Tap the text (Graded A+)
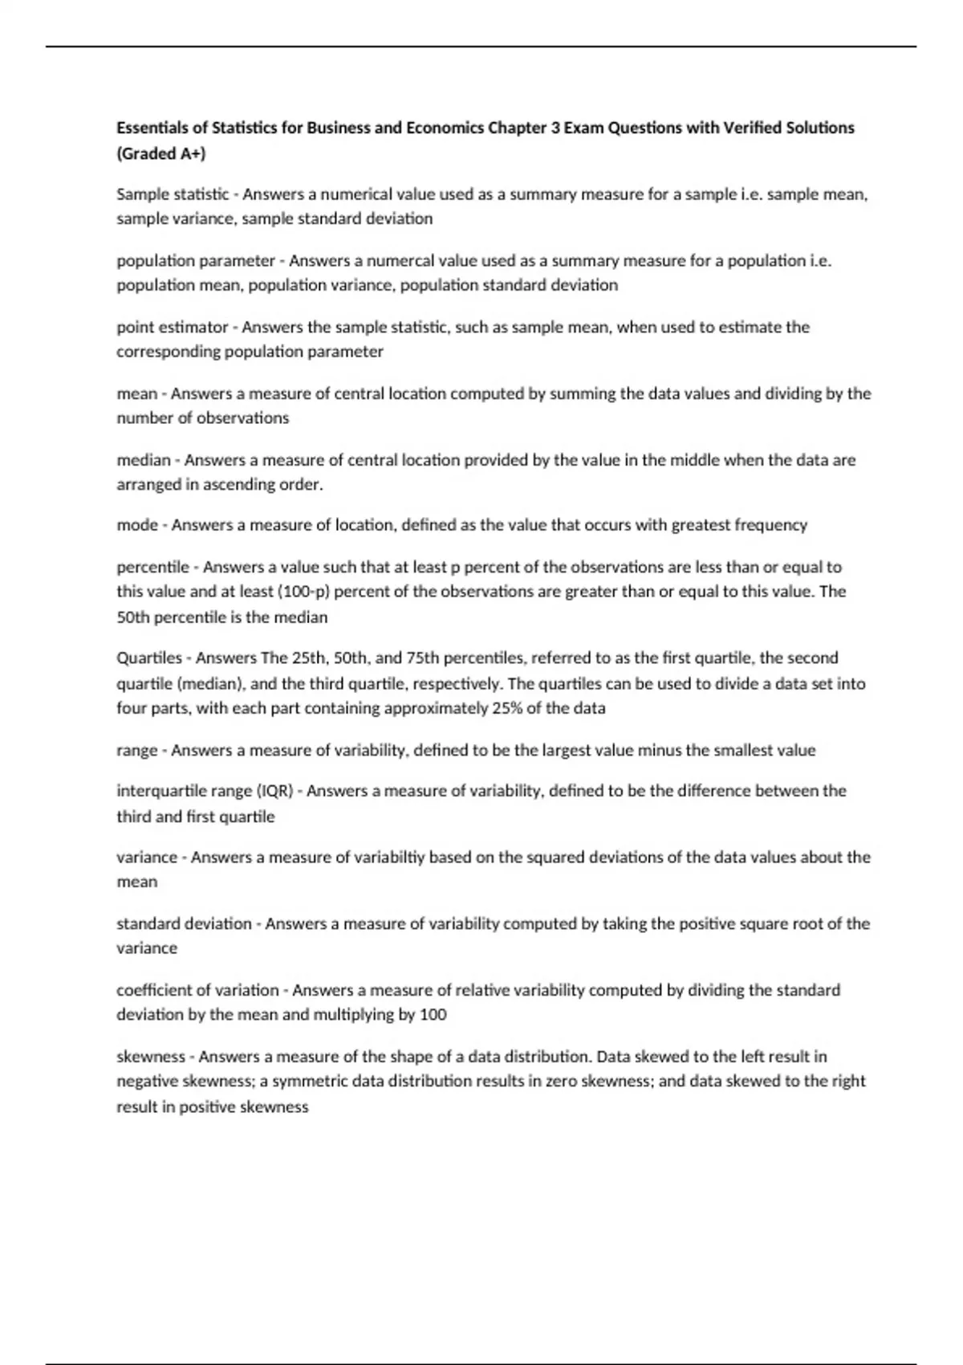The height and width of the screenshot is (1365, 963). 161,153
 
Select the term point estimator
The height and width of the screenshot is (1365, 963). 173,328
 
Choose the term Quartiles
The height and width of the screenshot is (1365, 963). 149,658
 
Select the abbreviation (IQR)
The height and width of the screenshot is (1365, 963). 274,791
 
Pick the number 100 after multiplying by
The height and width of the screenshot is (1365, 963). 433,1015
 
